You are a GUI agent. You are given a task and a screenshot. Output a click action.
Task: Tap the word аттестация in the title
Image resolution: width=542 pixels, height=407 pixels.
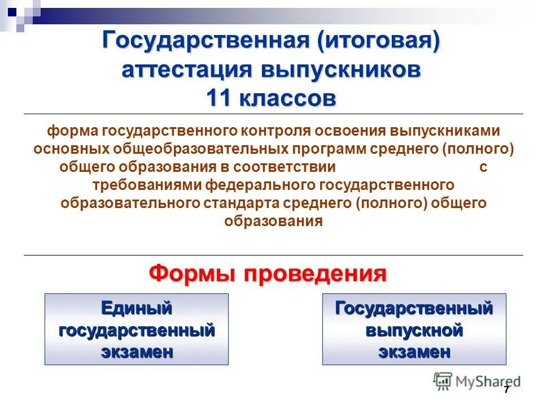click(x=189, y=71)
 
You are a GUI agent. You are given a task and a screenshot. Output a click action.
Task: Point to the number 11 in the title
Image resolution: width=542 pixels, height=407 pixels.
click(x=219, y=98)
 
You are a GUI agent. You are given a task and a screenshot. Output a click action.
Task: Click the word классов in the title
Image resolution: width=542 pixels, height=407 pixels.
click(x=289, y=98)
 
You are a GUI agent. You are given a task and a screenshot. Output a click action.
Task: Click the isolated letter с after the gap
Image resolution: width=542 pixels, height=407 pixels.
click(x=483, y=167)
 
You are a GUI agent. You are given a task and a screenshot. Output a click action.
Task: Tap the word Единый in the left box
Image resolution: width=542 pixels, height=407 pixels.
click(x=136, y=309)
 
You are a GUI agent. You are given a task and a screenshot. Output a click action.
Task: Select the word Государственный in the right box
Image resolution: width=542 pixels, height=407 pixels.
click(x=414, y=309)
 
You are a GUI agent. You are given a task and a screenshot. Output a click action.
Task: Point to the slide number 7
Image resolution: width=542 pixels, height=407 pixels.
click(x=506, y=390)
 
